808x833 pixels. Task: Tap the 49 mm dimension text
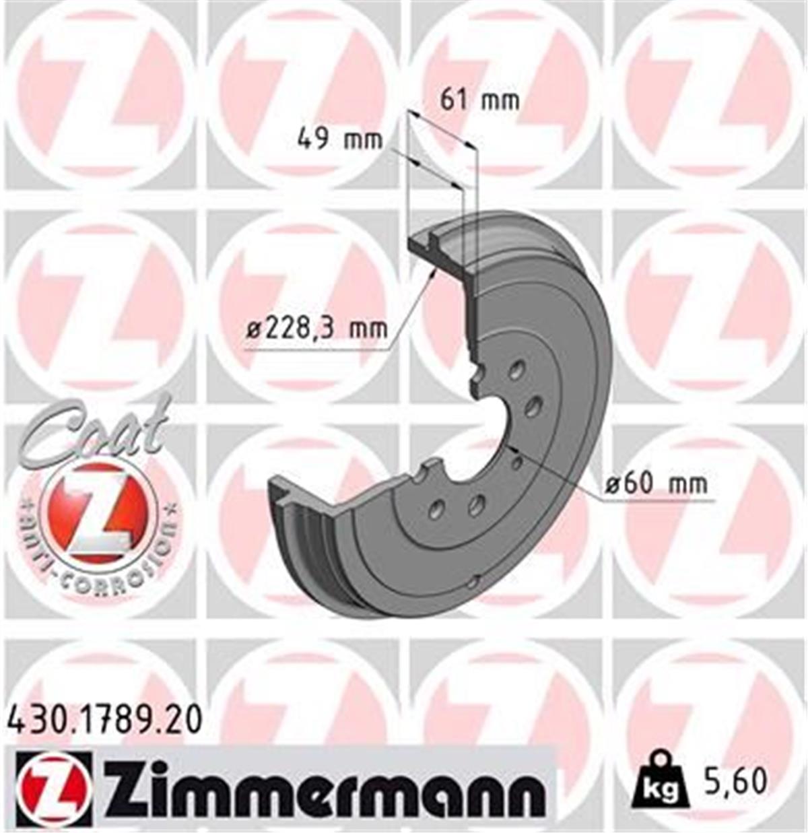pos(340,140)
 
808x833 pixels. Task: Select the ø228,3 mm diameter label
pos(316,329)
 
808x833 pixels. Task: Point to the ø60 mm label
pos(656,484)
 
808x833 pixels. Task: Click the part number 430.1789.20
pos(104,719)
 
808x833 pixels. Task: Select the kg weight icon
pos(659,784)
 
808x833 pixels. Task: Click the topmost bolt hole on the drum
pos(516,371)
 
